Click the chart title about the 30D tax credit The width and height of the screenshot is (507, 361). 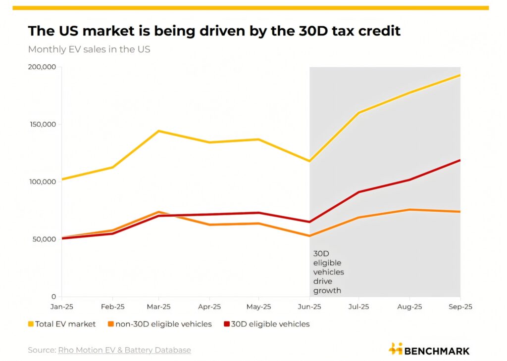214,31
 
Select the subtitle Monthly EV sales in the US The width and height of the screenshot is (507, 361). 89,49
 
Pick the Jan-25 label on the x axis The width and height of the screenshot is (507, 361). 62,307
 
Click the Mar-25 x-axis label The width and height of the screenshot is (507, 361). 159,307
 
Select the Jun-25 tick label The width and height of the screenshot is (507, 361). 309,307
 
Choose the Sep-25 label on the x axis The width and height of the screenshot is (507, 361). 460,307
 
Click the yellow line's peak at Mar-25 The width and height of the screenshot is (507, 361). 159,131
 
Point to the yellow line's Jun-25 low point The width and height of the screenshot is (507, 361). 309,161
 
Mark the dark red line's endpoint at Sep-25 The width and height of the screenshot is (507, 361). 460,160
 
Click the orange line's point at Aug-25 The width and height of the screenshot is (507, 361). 410,210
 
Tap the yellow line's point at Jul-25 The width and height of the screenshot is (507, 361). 358,113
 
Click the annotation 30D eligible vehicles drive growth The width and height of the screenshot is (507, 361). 328,272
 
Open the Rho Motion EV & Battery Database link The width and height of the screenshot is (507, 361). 124,350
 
